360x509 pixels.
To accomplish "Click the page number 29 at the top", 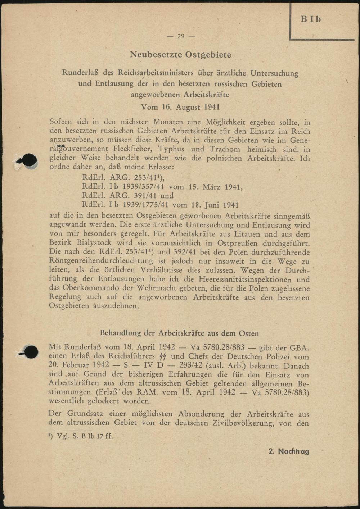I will (181, 36).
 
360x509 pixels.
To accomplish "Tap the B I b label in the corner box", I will (311, 19).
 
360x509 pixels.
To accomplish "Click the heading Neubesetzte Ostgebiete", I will (180, 55).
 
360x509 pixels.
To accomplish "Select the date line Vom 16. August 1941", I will (180, 107).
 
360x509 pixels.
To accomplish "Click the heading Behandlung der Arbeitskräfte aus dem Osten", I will (179, 333).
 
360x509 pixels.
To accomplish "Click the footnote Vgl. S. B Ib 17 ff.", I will (81, 436).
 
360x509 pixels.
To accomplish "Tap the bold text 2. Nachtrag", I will (289, 451).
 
